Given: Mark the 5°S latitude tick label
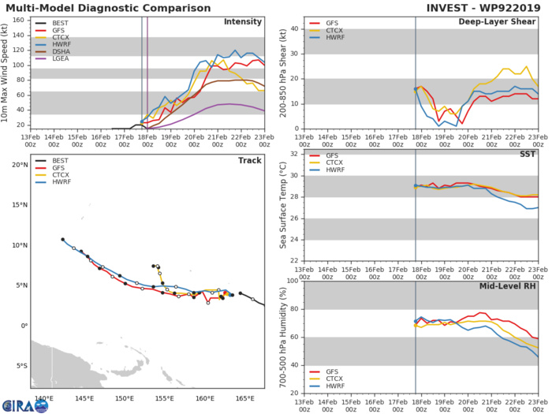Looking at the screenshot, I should (x=20, y=366).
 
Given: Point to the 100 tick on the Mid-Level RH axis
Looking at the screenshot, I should (x=293, y=281).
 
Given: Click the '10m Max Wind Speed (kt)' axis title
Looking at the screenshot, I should (x=6, y=73).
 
